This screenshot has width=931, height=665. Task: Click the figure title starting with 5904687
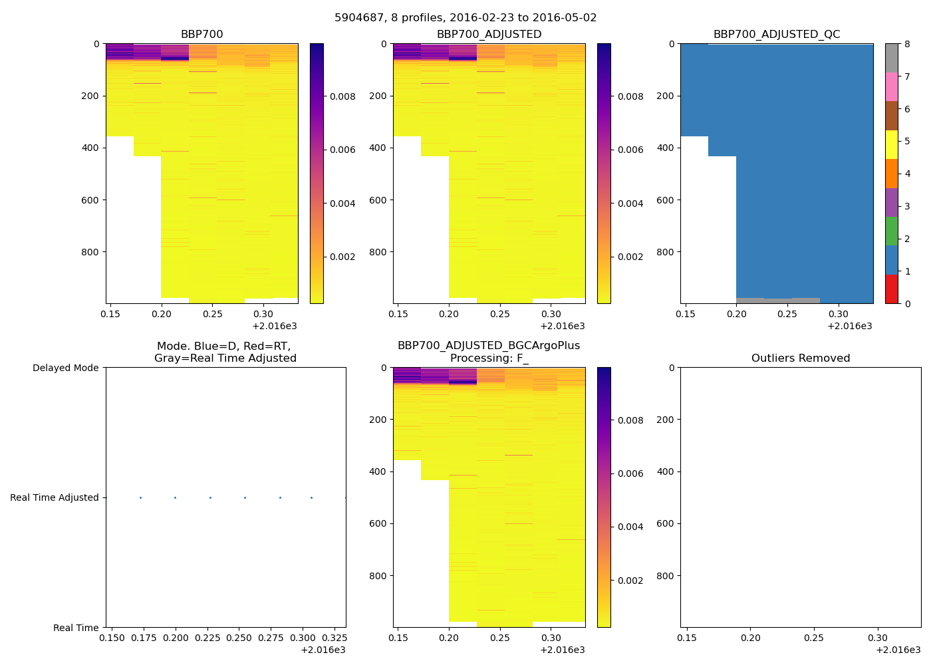(x=465, y=18)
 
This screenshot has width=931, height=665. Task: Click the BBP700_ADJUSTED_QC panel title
(x=777, y=35)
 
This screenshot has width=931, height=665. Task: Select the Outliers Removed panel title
(x=801, y=358)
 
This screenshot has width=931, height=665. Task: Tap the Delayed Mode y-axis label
(x=65, y=368)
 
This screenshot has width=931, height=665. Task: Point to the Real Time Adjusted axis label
(x=54, y=497)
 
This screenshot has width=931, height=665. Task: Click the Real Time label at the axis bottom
(x=76, y=628)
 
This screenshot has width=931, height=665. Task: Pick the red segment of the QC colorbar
(x=891, y=289)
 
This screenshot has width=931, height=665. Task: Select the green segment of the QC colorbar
(x=891, y=231)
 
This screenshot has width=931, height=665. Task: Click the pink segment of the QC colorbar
(x=891, y=86)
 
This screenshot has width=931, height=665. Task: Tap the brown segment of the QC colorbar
(x=891, y=116)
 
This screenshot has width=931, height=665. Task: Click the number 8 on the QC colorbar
(x=907, y=45)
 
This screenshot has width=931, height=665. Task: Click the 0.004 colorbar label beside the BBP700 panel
(x=342, y=203)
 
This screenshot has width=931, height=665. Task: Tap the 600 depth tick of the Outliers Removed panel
(x=666, y=524)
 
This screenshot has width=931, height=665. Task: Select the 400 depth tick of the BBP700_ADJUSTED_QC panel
(x=666, y=148)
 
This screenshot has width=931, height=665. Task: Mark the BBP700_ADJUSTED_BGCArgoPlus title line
(x=489, y=346)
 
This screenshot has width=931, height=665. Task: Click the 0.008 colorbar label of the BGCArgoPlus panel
(x=630, y=420)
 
